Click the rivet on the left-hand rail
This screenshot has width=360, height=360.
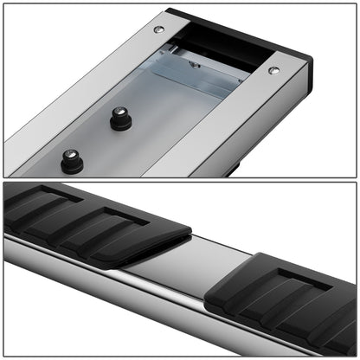click(158, 29)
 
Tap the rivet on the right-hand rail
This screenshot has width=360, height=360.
click(273, 70)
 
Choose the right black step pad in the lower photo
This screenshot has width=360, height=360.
click(286, 294)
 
